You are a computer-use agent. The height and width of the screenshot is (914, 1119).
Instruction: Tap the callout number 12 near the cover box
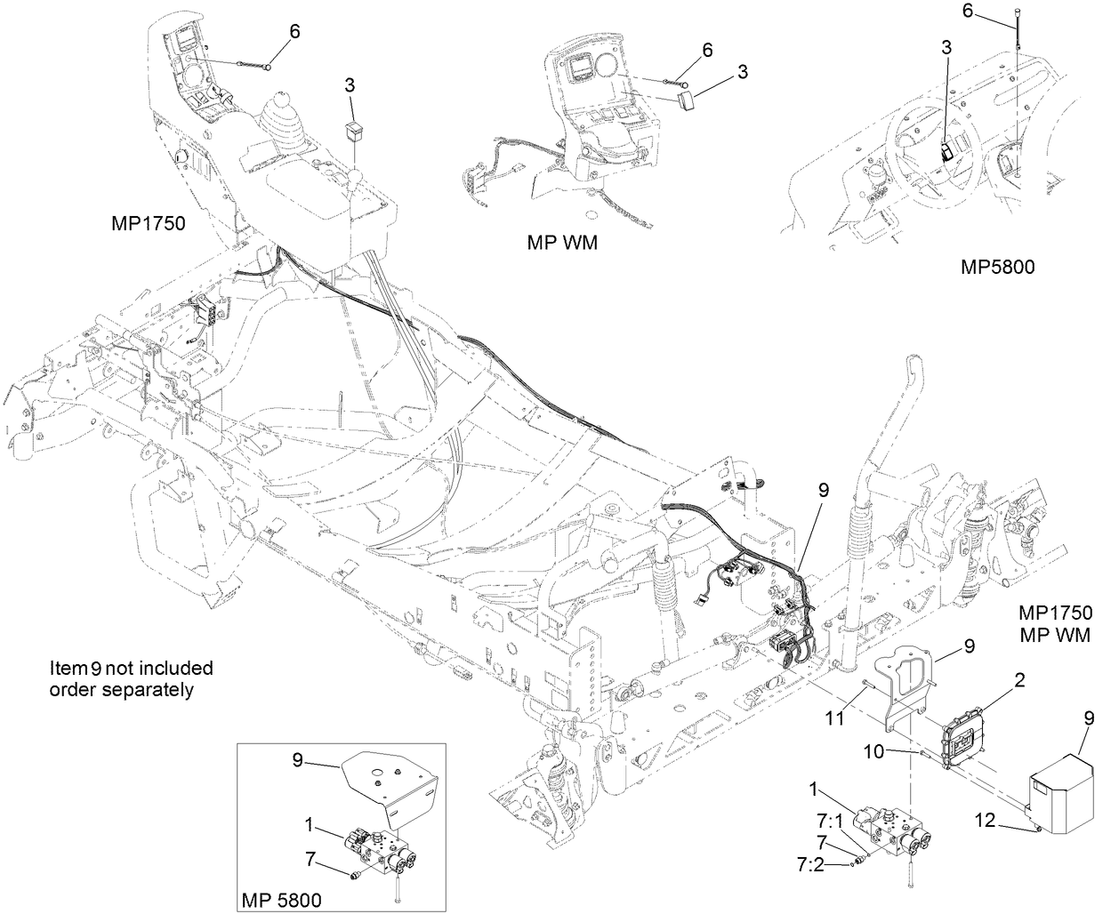tap(1011, 822)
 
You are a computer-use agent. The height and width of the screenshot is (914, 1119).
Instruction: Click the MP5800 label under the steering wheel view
tap(997, 266)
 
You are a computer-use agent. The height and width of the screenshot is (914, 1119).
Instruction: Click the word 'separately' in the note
tap(149, 689)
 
